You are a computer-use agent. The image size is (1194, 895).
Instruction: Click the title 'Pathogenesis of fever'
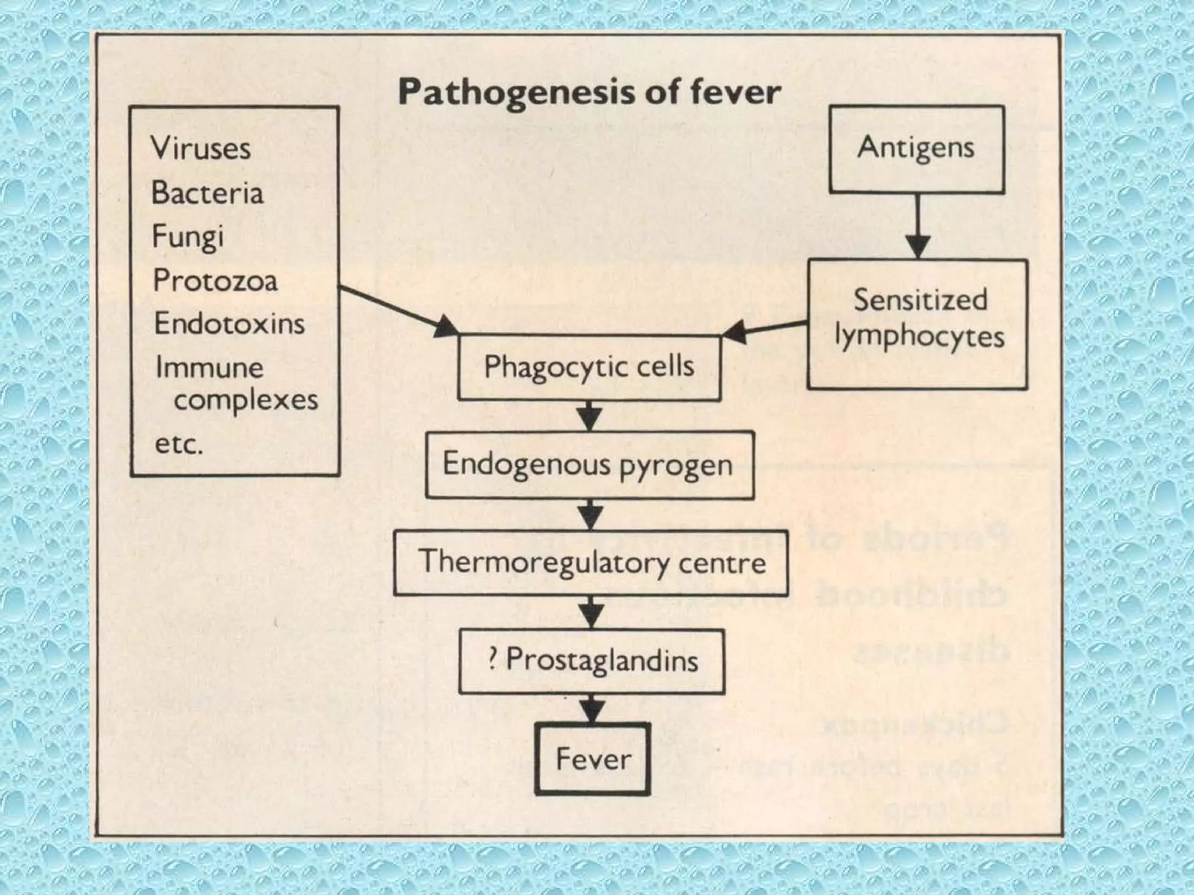(x=589, y=92)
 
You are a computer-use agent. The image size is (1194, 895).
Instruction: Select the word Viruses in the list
(x=201, y=148)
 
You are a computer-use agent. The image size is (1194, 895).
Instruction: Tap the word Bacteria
(x=207, y=193)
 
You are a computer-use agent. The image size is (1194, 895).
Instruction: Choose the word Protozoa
(x=215, y=281)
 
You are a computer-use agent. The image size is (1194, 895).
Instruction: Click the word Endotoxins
(x=229, y=324)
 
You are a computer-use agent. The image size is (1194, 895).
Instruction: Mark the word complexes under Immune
(x=245, y=400)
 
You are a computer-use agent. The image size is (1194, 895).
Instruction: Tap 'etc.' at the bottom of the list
(x=178, y=445)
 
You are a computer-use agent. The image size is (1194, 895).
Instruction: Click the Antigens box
(x=916, y=149)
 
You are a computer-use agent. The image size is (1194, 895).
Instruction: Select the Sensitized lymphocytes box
(x=917, y=324)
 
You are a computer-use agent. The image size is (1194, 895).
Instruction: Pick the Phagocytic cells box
(x=589, y=367)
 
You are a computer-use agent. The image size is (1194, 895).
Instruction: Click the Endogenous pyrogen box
(x=589, y=465)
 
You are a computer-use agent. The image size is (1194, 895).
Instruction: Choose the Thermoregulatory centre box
(x=591, y=562)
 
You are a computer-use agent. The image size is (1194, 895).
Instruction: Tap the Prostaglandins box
(x=591, y=661)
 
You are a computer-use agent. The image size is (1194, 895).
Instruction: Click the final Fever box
(x=592, y=759)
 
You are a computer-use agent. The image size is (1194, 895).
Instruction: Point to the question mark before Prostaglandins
(x=493, y=660)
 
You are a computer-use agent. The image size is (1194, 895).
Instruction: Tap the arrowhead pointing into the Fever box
(x=592, y=712)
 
